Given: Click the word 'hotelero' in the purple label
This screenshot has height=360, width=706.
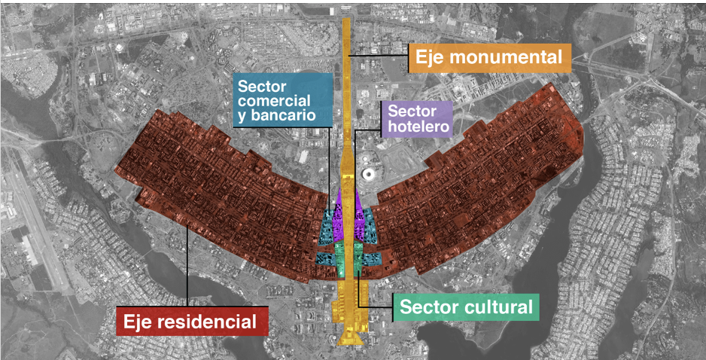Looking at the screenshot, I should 419,127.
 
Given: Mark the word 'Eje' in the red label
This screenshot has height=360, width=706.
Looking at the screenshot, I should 141,322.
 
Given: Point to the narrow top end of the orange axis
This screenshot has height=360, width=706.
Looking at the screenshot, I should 346,26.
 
